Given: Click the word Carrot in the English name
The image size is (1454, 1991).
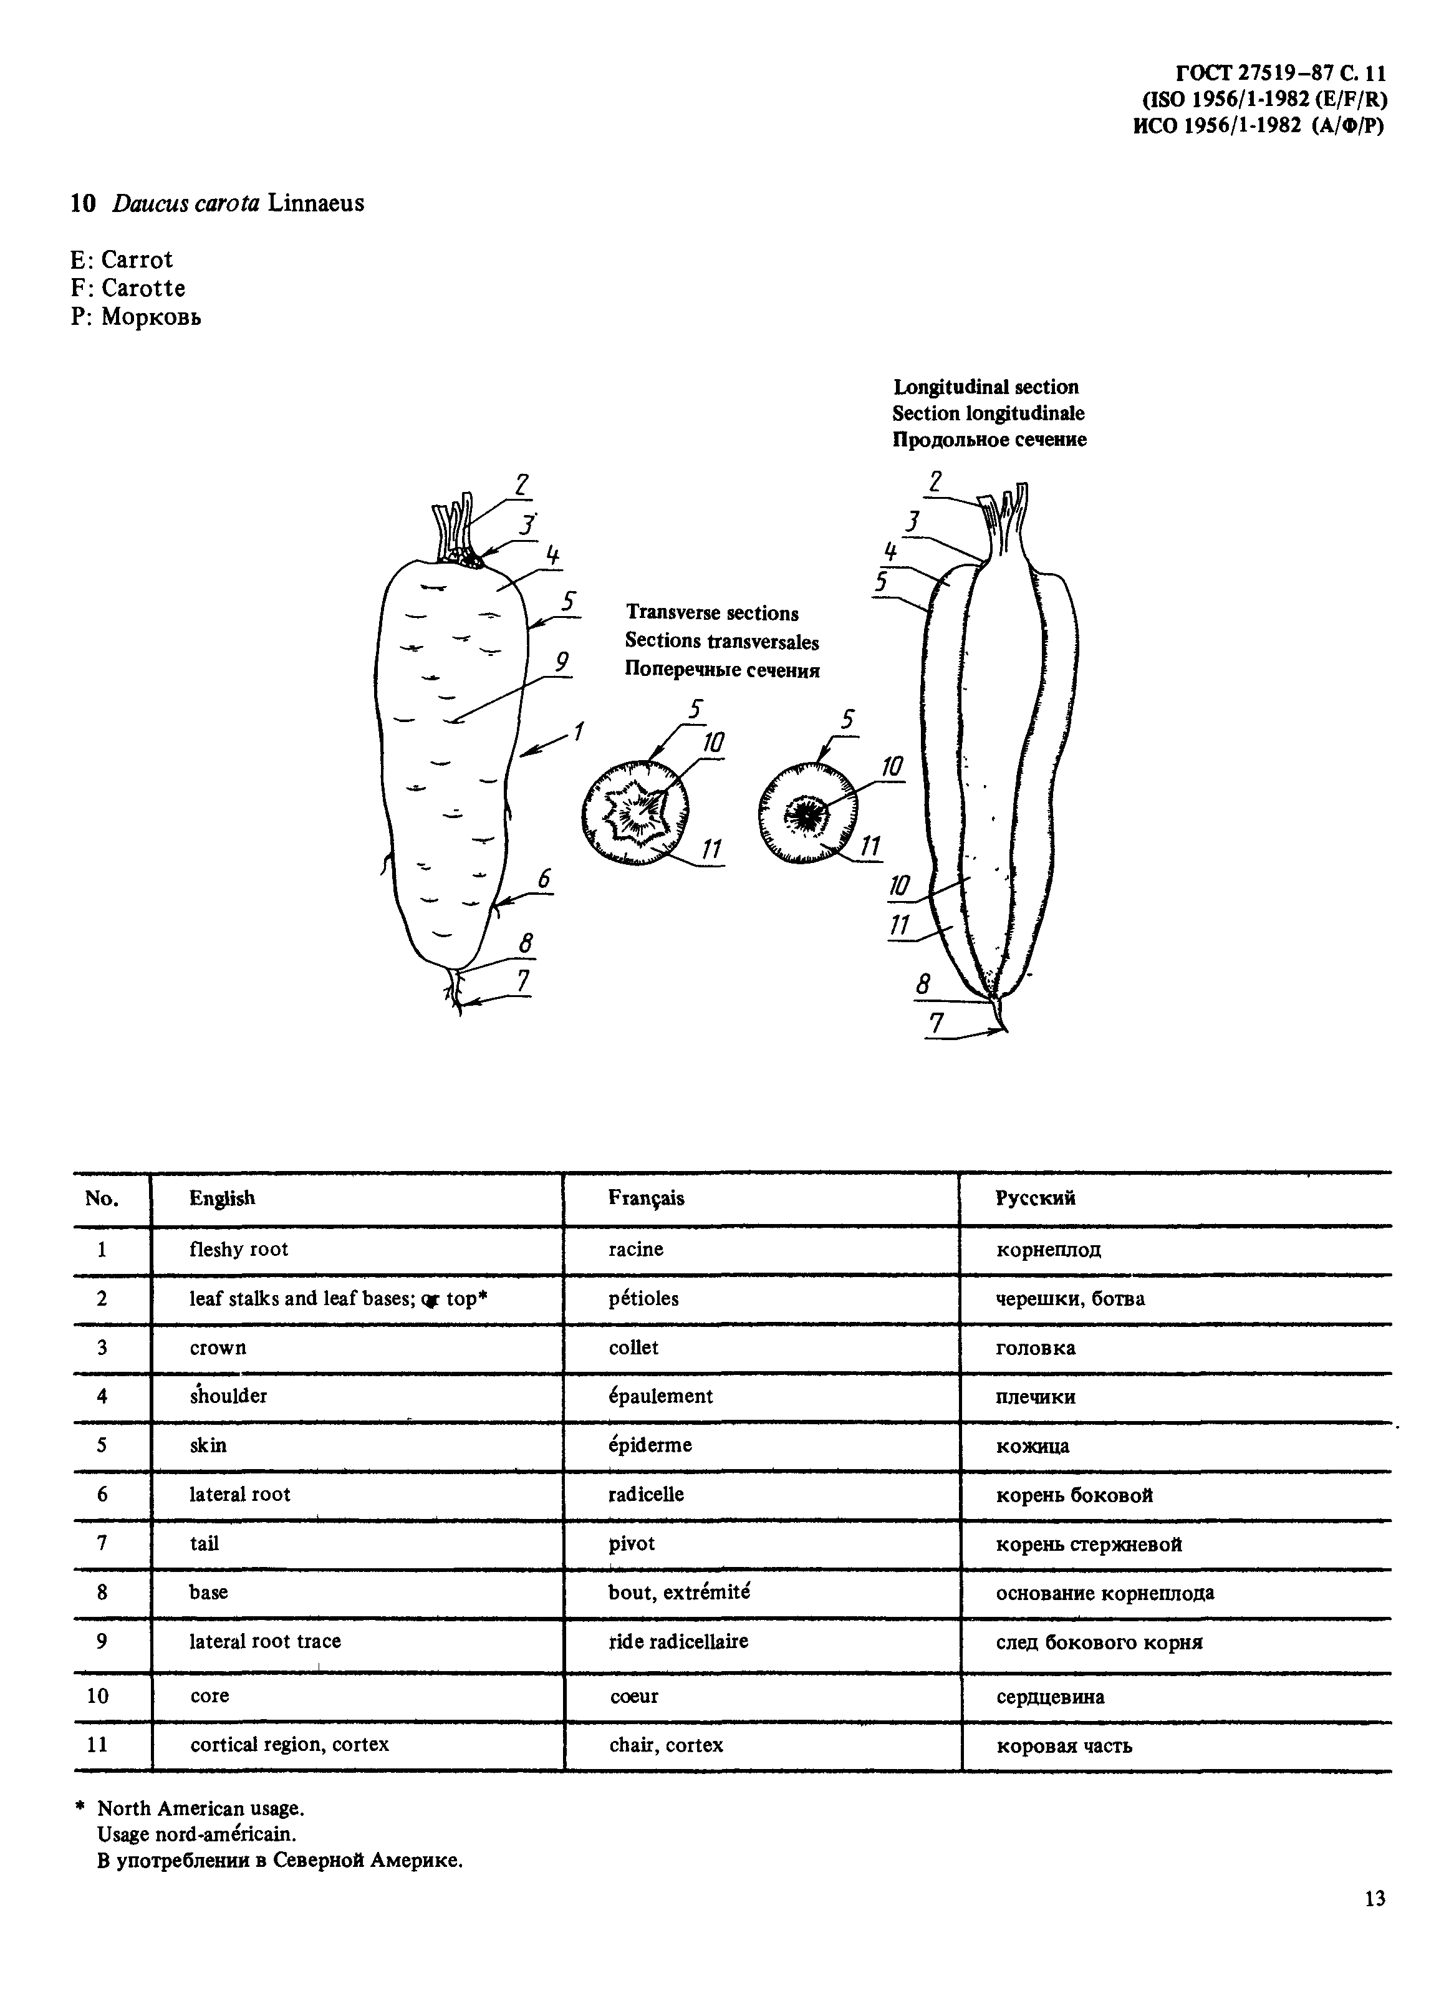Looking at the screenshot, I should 137,259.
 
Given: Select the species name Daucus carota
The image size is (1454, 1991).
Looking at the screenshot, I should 186,203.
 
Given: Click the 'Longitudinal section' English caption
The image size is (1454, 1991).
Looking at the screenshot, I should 986,387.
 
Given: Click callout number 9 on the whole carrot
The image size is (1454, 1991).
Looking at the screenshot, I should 562,660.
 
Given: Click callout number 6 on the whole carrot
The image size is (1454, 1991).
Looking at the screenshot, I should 544,877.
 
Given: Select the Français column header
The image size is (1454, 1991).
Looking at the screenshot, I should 646,1198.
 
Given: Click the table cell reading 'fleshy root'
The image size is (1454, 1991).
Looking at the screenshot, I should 239,1249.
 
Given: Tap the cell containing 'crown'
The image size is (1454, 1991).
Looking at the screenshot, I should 218,1347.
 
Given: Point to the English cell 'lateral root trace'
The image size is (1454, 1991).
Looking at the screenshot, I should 265,1641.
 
